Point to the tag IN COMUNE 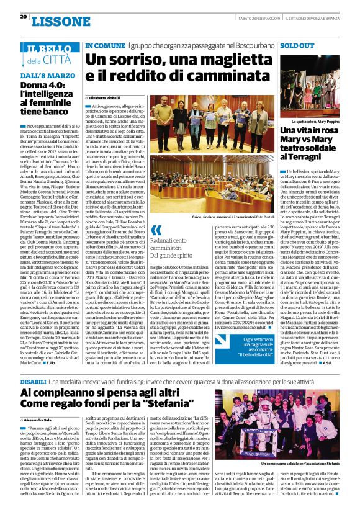(104, 47)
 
